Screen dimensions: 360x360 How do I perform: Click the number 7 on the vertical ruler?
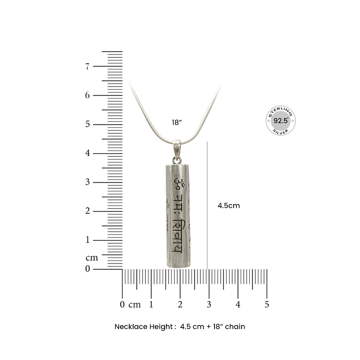pos(87,66)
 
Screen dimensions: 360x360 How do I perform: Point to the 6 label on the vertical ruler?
pos(87,95)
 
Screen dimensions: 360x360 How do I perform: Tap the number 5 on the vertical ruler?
pos(87,124)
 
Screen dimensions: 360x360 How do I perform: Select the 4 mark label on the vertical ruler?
pos(87,153)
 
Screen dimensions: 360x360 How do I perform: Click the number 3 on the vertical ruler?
pos(87,182)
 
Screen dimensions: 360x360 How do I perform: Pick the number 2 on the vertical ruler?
pos(87,211)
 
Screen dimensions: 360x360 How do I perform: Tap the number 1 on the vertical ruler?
pos(87,240)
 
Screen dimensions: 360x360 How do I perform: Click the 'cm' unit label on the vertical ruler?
pos(91,258)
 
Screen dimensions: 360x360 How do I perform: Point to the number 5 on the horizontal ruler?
pos(267,305)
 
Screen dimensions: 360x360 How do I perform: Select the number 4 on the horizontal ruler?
pos(238,305)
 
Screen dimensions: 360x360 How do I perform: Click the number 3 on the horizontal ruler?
pos(209,305)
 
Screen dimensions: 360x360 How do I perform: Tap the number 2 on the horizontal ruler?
pos(180,305)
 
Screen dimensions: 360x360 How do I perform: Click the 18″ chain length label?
pos(177,123)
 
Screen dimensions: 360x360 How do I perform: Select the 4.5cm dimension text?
pos(229,206)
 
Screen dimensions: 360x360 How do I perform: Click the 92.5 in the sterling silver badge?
pos(280,121)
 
